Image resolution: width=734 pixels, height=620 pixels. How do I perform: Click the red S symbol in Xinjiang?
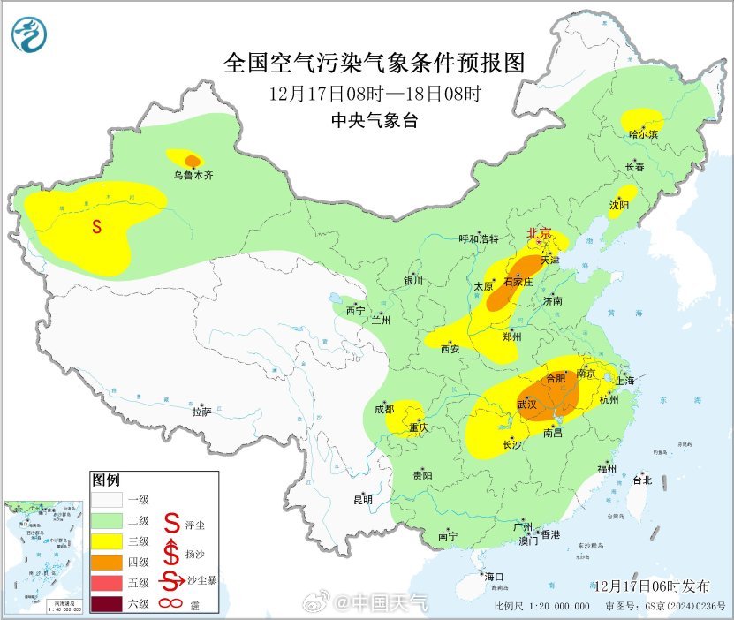(97, 227)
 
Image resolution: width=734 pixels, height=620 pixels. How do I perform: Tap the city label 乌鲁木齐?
(193, 176)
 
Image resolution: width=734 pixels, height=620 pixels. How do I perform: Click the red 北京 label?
(539, 234)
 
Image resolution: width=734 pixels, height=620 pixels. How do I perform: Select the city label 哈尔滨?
(644, 134)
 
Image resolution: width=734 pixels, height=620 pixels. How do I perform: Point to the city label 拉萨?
(201, 412)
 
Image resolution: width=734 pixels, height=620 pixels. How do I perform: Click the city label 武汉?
(528, 404)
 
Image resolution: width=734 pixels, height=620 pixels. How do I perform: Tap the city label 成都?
(384, 409)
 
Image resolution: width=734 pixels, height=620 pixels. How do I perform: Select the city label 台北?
(642, 480)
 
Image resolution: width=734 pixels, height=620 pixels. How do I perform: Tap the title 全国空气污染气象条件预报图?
(375, 63)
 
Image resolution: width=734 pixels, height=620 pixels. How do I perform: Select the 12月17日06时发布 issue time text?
(652, 586)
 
